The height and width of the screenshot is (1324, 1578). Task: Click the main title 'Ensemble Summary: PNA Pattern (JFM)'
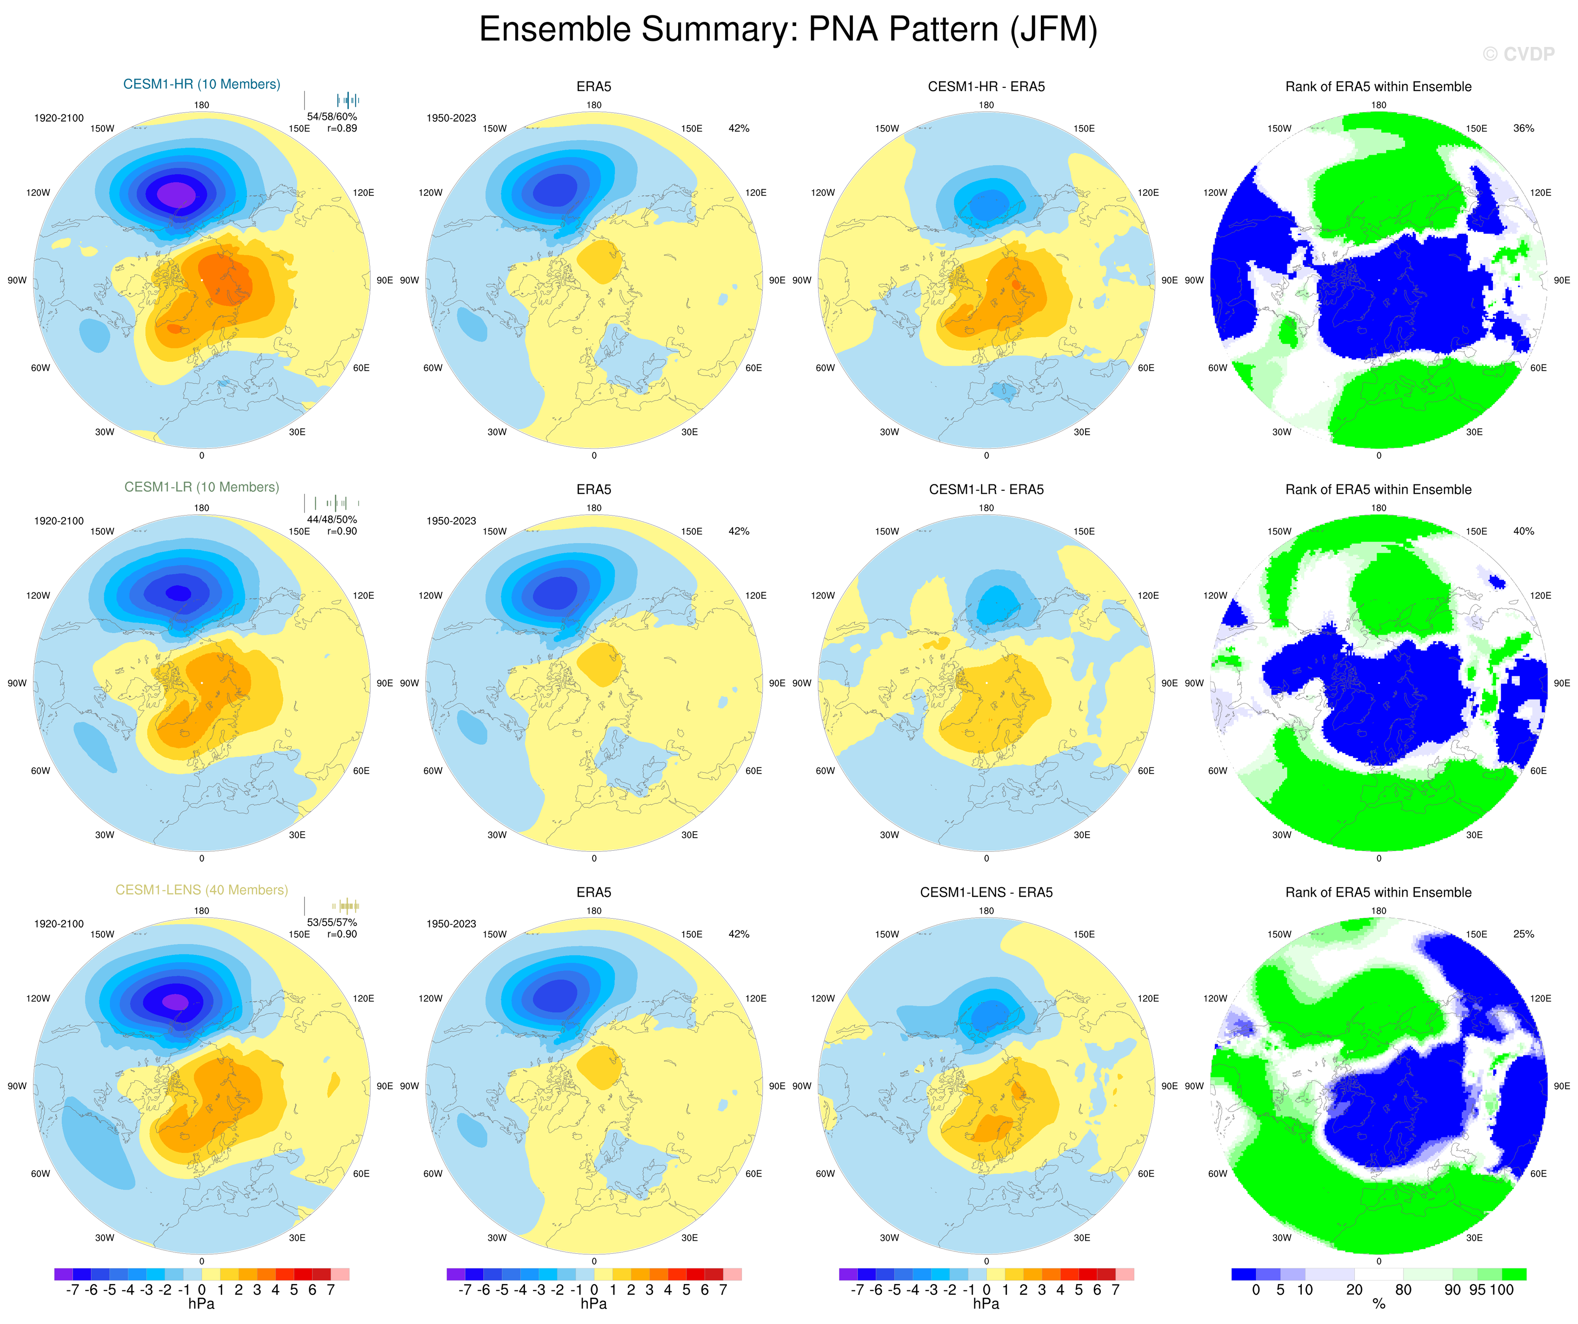(788, 30)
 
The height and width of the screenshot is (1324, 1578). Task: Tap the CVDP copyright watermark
(1518, 54)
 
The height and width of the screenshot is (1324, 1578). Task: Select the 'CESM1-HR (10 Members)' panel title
(201, 84)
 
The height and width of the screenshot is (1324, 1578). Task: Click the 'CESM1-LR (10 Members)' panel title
(201, 487)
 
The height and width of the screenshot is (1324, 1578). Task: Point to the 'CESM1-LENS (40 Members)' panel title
(201, 890)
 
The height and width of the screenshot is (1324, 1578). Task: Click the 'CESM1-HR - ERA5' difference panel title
(986, 86)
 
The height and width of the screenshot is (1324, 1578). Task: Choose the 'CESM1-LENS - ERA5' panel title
(986, 892)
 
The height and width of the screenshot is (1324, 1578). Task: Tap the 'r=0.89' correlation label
(342, 128)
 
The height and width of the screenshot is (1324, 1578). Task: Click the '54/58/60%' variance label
(332, 116)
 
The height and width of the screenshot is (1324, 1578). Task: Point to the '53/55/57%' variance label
(332, 922)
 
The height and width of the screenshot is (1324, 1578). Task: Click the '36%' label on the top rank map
(1523, 128)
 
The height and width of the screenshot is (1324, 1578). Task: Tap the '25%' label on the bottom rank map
(1523, 934)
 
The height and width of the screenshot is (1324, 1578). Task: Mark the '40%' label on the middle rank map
(1523, 531)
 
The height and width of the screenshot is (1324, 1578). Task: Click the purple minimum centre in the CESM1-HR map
(177, 194)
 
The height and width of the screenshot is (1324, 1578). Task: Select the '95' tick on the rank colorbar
(1477, 1290)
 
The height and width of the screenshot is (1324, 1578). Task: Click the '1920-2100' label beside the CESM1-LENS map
(59, 924)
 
